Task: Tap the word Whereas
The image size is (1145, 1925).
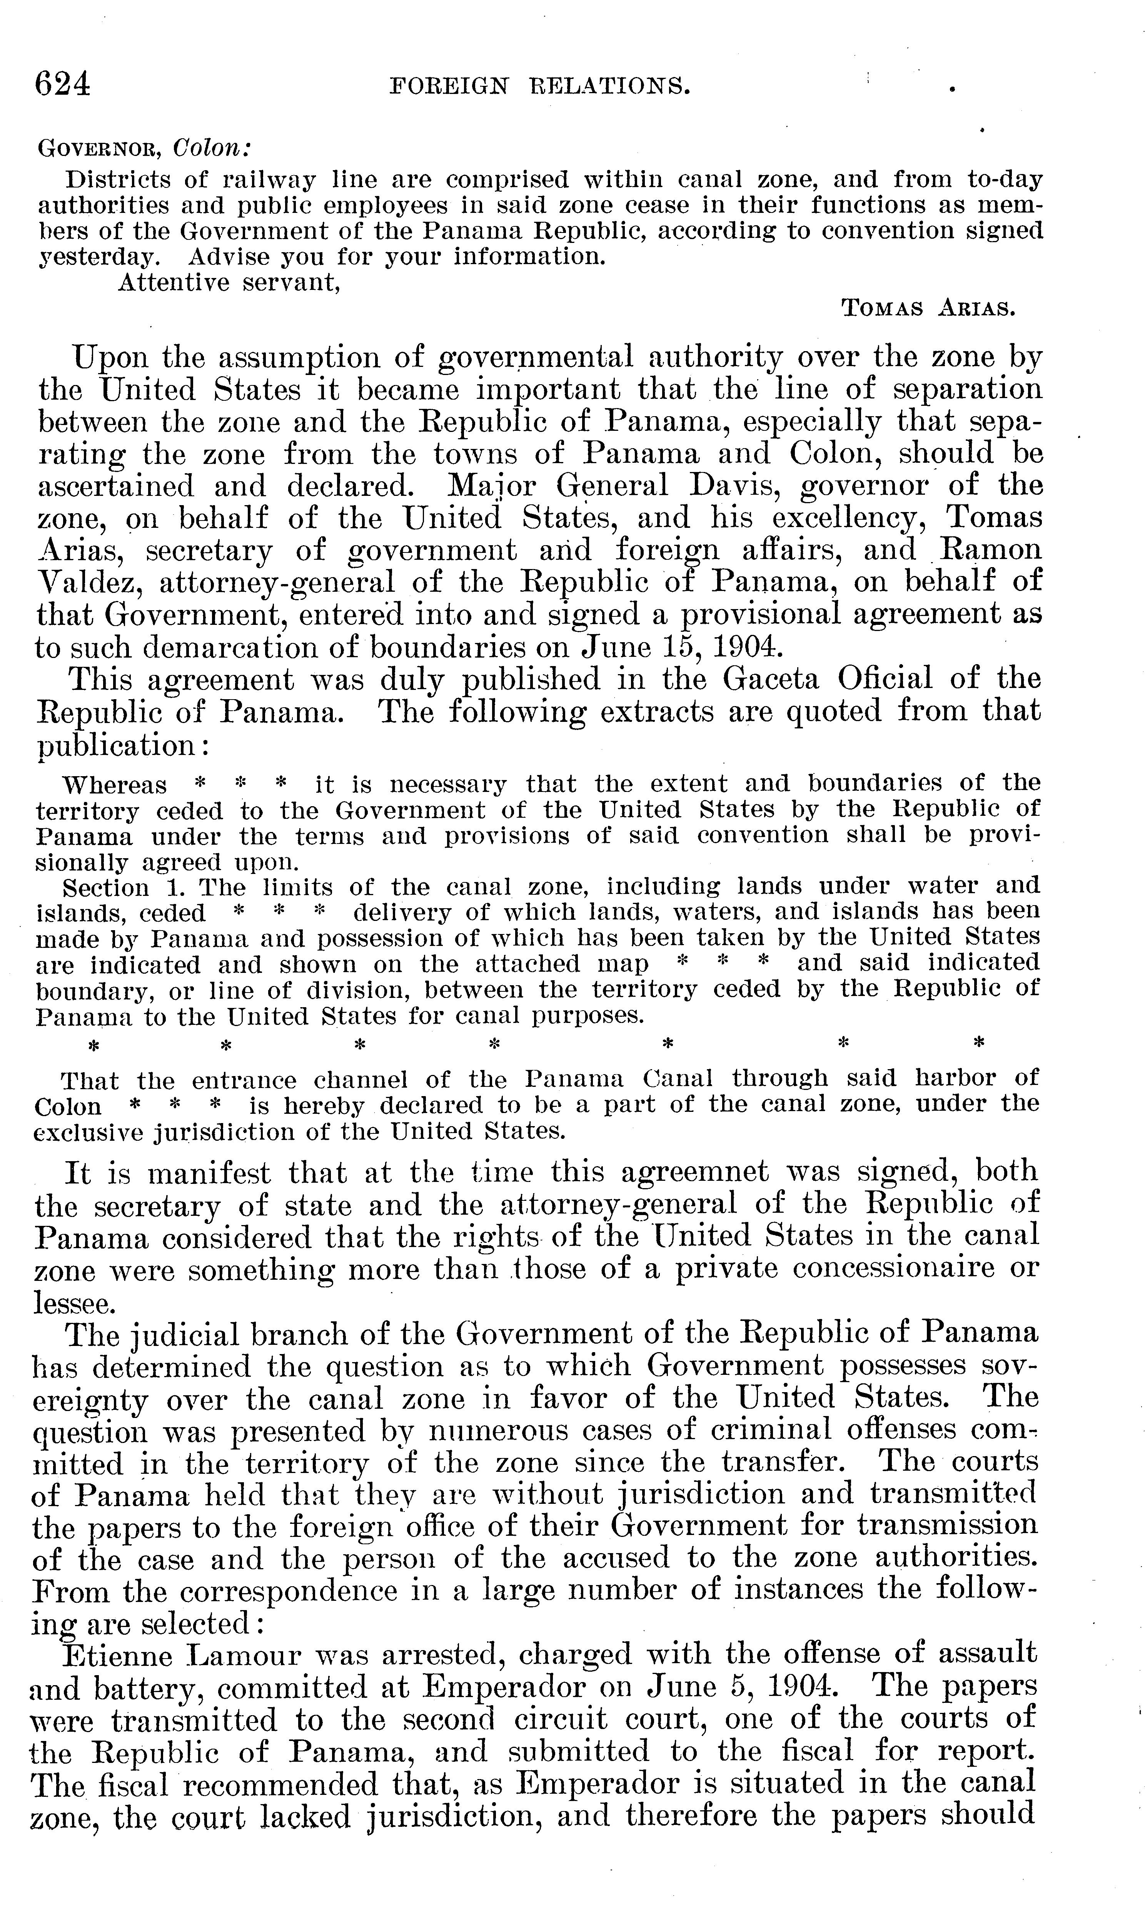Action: click(x=114, y=785)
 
